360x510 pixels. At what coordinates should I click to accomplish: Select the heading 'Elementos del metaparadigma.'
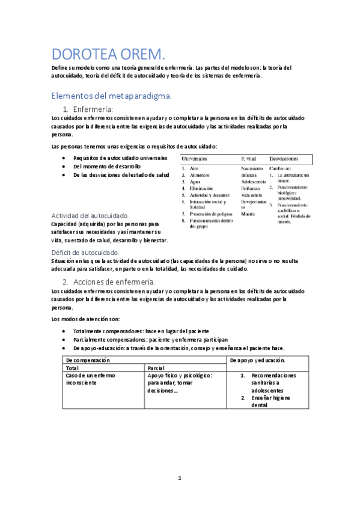[112, 96]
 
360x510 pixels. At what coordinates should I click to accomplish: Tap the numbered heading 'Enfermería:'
[93, 109]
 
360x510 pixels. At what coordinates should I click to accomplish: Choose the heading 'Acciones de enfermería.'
[114, 281]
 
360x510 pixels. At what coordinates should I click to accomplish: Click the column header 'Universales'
[195, 158]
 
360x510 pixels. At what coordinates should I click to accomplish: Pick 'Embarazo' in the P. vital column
[252, 188]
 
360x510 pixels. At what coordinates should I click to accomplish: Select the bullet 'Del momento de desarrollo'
[106, 166]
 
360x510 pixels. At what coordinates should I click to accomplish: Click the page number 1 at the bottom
[180, 478]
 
